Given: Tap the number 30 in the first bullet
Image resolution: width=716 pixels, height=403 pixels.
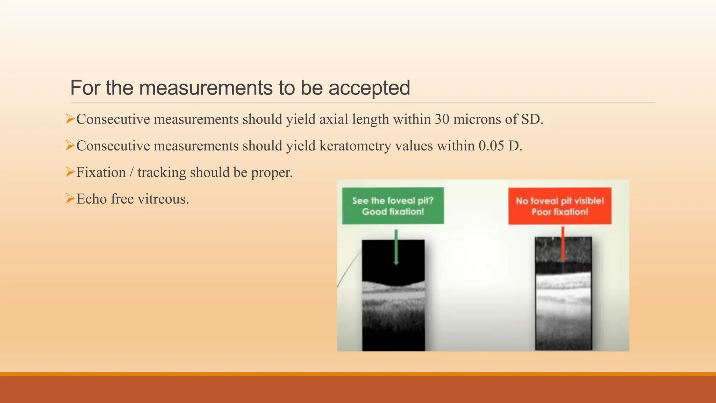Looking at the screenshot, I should click(442, 119).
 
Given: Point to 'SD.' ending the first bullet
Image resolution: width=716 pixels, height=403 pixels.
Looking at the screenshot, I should click(532, 119).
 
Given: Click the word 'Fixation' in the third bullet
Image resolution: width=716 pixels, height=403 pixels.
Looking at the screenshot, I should click(101, 172).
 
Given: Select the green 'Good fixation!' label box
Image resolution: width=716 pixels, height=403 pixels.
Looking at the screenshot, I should click(393, 206).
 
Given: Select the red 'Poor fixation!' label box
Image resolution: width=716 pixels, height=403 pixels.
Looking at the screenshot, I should click(560, 206).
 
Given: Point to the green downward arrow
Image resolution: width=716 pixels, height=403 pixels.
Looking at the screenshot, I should click(396, 247).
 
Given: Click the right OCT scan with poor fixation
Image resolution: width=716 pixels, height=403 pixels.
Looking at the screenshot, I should click(563, 294).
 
